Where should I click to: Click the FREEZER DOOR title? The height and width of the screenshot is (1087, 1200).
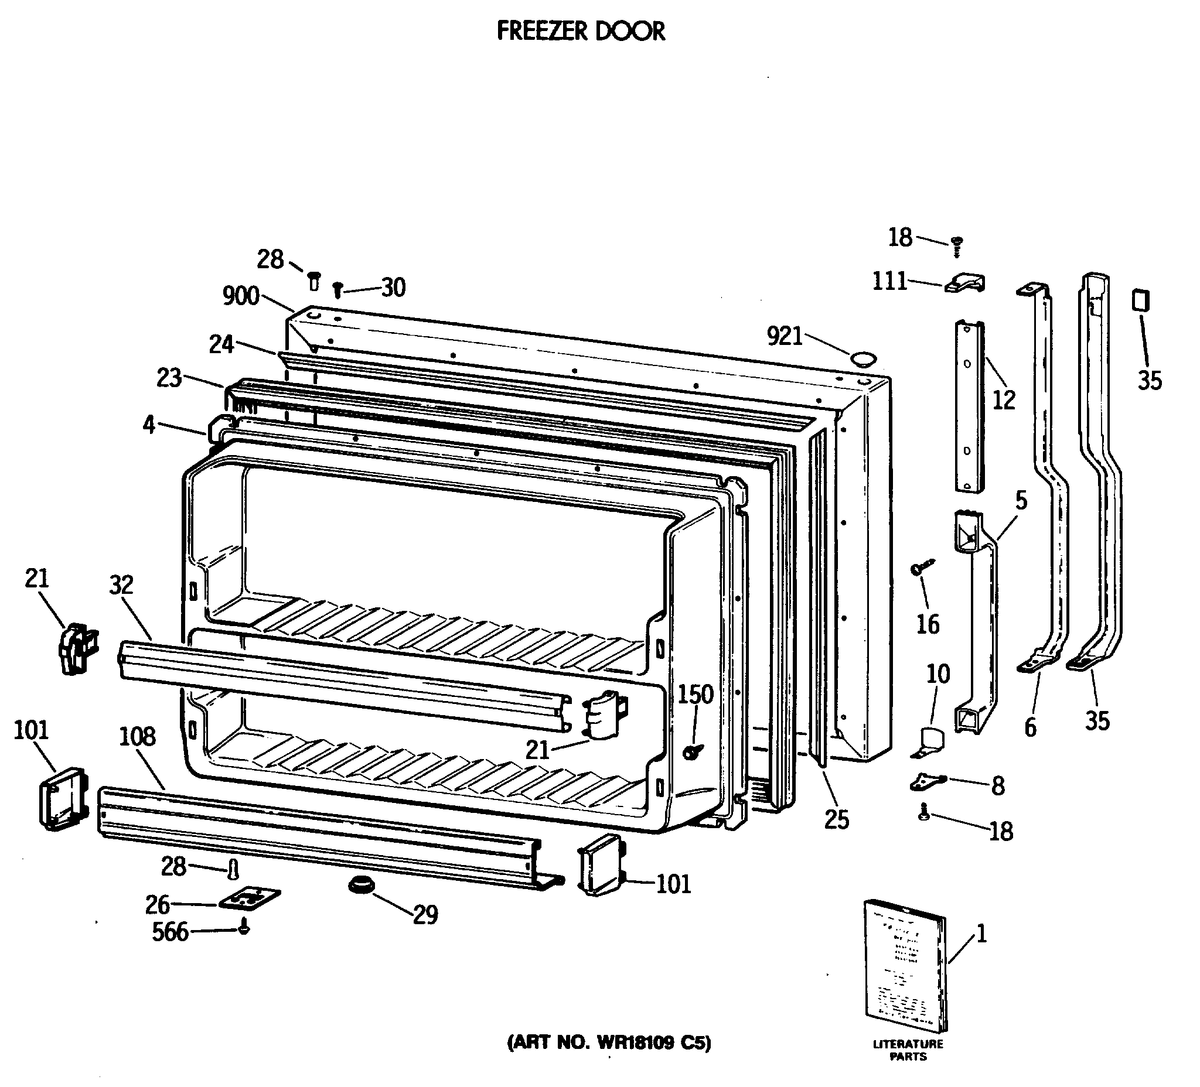coord(580,31)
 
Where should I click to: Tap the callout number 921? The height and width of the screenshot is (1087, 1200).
coord(785,337)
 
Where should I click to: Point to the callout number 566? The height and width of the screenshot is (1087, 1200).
coord(171,932)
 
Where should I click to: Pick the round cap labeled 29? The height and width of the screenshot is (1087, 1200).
coord(362,885)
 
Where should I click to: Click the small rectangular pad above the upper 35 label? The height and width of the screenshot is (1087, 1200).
coord(1140,300)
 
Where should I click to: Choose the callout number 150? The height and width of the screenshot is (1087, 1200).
coord(696,695)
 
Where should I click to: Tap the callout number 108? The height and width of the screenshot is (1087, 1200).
coord(137,737)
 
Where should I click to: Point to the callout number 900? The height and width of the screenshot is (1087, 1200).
coord(240,296)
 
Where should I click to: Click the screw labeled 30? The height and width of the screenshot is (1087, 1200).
coord(337,290)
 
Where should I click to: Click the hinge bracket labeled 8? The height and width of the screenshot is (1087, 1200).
coord(928,782)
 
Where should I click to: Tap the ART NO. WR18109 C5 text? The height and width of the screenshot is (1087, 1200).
coord(608,1042)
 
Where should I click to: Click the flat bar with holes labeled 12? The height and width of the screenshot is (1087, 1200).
coord(970,406)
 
